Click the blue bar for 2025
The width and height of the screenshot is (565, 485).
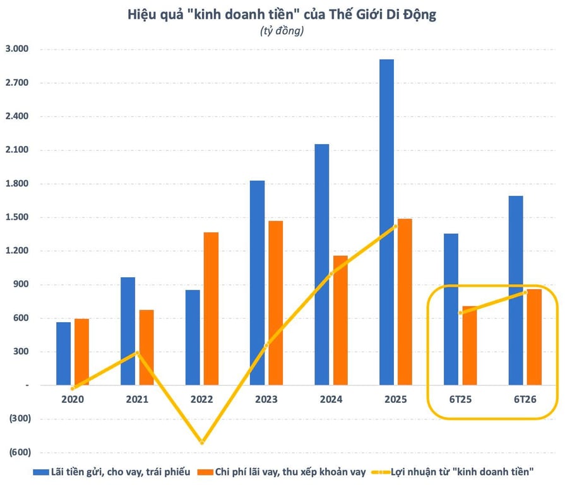point(386,222)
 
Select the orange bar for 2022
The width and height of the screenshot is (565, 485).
point(211,308)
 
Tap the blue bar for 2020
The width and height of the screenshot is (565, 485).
point(63,354)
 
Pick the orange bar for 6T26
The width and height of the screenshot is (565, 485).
point(534,337)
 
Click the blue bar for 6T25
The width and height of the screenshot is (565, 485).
point(451,309)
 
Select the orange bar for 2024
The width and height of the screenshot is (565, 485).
point(340,320)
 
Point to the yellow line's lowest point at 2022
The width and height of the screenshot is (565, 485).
point(202,442)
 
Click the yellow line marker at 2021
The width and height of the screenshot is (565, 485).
point(137,353)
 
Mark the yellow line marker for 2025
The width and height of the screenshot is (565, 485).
point(395,227)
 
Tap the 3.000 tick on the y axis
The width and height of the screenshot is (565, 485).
point(17,49)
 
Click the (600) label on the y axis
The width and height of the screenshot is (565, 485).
point(20,452)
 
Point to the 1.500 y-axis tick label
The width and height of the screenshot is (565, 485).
point(17,217)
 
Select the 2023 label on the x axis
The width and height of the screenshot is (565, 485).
point(266,399)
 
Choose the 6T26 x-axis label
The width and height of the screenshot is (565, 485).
point(525,399)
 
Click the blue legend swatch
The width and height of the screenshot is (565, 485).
point(40,472)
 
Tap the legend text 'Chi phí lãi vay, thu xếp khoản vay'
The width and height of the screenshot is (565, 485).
point(290,472)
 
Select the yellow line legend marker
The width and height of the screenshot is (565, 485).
point(381,472)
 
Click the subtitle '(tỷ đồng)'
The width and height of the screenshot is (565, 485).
point(282,31)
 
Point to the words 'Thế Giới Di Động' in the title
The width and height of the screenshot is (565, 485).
point(383,15)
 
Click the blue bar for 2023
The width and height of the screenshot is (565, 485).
point(258,282)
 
